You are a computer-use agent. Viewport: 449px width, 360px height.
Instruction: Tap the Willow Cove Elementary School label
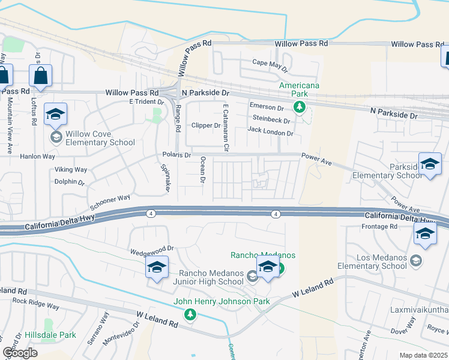(x=101, y=138)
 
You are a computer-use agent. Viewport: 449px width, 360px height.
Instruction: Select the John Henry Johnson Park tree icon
(x=190, y=314)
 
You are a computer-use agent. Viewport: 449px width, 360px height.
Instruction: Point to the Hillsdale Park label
(x=50, y=335)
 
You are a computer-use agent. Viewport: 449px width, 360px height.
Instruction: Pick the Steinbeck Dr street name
(x=272, y=119)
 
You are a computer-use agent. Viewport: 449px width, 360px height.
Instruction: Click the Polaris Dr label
(x=176, y=155)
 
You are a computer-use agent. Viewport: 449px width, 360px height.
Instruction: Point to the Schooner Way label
(x=109, y=198)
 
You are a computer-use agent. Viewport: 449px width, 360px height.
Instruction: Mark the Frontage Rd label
(x=379, y=226)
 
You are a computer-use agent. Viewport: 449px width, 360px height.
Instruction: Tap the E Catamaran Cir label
(x=226, y=128)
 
